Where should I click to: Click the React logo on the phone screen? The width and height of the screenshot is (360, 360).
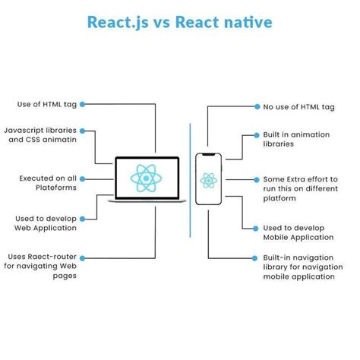click(208, 180)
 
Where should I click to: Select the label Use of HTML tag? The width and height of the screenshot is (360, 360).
click(46, 104)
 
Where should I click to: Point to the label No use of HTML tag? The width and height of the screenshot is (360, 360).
click(298, 108)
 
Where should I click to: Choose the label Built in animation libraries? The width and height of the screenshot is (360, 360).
click(296, 139)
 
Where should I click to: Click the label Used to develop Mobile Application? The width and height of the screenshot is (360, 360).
click(297, 232)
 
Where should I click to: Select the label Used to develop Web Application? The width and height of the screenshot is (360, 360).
click(44, 223)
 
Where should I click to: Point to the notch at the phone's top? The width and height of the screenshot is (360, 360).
click(208, 155)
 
